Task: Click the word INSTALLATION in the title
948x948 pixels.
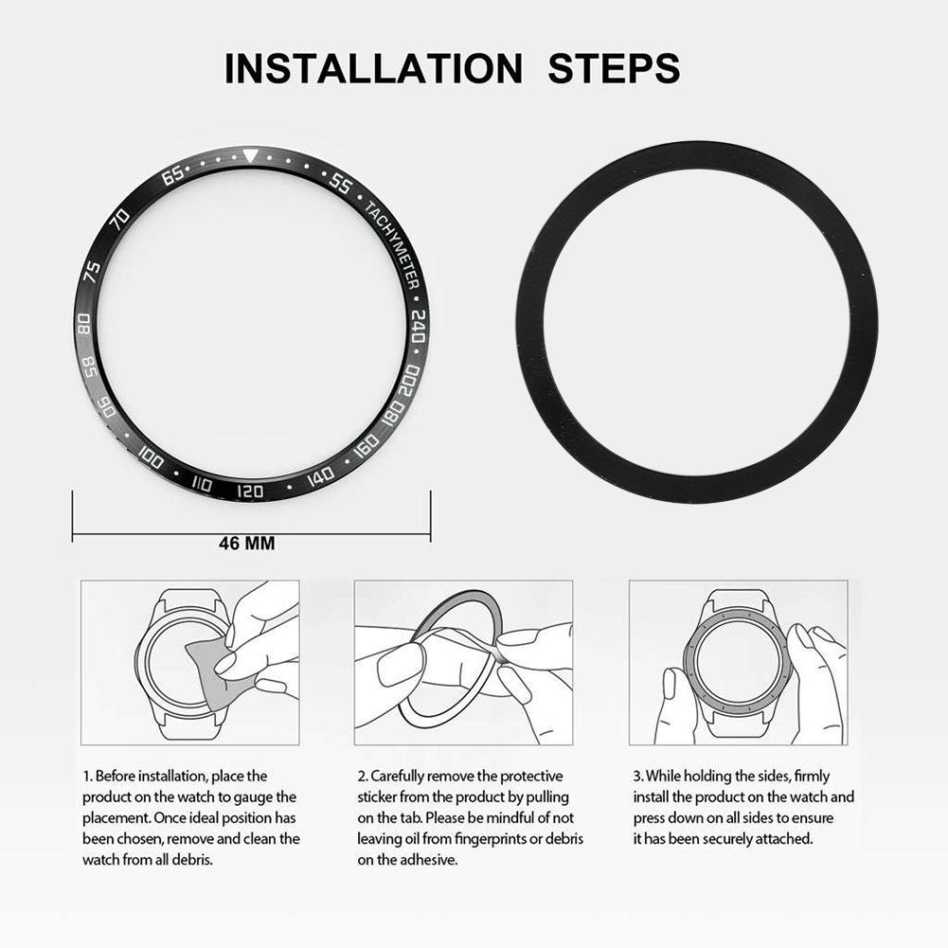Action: click(x=372, y=69)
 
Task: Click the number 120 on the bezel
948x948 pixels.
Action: click(x=250, y=492)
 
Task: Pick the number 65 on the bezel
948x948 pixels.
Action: click(x=174, y=176)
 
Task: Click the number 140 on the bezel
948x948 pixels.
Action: click(x=320, y=476)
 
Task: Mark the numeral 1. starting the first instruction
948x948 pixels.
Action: click(x=87, y=776)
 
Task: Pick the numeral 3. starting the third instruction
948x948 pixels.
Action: click(x=638, y=776)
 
